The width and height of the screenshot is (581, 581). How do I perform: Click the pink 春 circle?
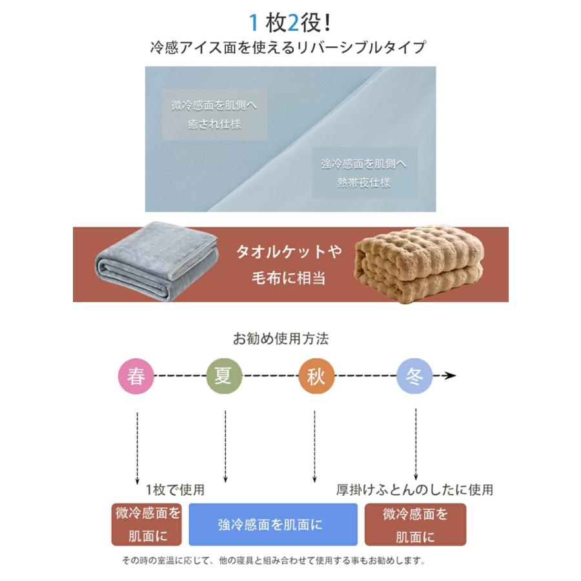pyautogui.click(x=136, y=376)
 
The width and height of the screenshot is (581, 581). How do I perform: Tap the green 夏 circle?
pyautogui.click(x=223, y=376)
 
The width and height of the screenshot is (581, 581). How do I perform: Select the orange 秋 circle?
pyautogui.click(x=316, y=376)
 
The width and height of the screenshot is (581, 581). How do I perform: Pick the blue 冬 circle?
pyautogui.click(x=414, y=376)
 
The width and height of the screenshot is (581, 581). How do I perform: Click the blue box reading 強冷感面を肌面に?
pyautogui.click(x=272, y=525)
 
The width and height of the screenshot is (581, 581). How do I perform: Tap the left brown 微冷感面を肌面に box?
pyautogui.click(x=148, y=524)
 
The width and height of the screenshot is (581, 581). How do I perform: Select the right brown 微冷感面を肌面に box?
pyautogui.click(x=415, y=525)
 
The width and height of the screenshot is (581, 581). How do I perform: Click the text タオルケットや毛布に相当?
pyautogui.click(x=288, y=265)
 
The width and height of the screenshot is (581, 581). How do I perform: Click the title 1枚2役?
pyautogui.click(x=290, y=23)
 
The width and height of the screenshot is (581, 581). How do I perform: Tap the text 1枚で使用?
pyautogui.click(x=175, y=489)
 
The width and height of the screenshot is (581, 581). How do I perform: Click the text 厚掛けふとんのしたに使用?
pyautogui.click(x=414, y=489)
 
